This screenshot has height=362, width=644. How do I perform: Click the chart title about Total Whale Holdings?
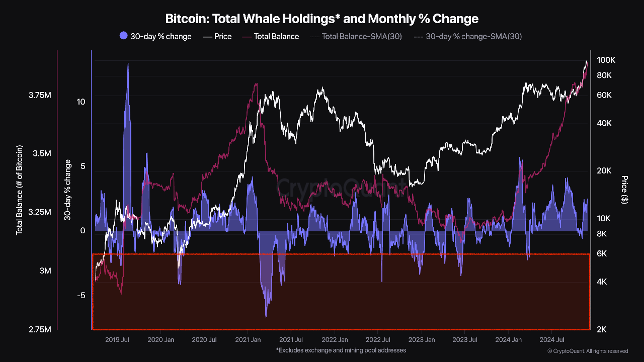pyautogui.click(x=322, y=19)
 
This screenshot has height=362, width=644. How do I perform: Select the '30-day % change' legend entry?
pyautogui.click(x=155, y=36)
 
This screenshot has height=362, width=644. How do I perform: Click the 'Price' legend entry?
pyautogui.click(x=217, y=36)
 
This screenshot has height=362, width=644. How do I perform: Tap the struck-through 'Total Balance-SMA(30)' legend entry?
pyautogui.click(x=356, y=36)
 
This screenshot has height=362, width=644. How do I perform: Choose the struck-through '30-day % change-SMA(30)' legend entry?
pyautogui.click(x=467, y=36)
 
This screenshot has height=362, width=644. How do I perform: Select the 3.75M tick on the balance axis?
pyautogui.click(x=40, y=95)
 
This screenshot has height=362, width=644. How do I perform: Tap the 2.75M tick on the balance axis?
pyautogui.click(x=40, y=329)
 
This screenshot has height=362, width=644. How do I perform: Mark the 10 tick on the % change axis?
pyautogui.click(x=80, y=102)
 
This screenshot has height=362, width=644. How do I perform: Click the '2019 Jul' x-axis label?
pyautogui.click(x=117, y=340)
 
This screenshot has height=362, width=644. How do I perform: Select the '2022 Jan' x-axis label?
pyautogui.click(x=335, y=340)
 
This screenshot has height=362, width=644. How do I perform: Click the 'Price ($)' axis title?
pyautogui.click(x=624, y=190)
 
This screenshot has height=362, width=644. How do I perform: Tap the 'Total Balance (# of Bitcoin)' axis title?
pyautogui.click(x=20, y=190)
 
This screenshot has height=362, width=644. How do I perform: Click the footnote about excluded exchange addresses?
pyautogui.click(x=341, y=350)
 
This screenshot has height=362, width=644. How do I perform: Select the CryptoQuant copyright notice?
pyautogui.click(x=587, y=351)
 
